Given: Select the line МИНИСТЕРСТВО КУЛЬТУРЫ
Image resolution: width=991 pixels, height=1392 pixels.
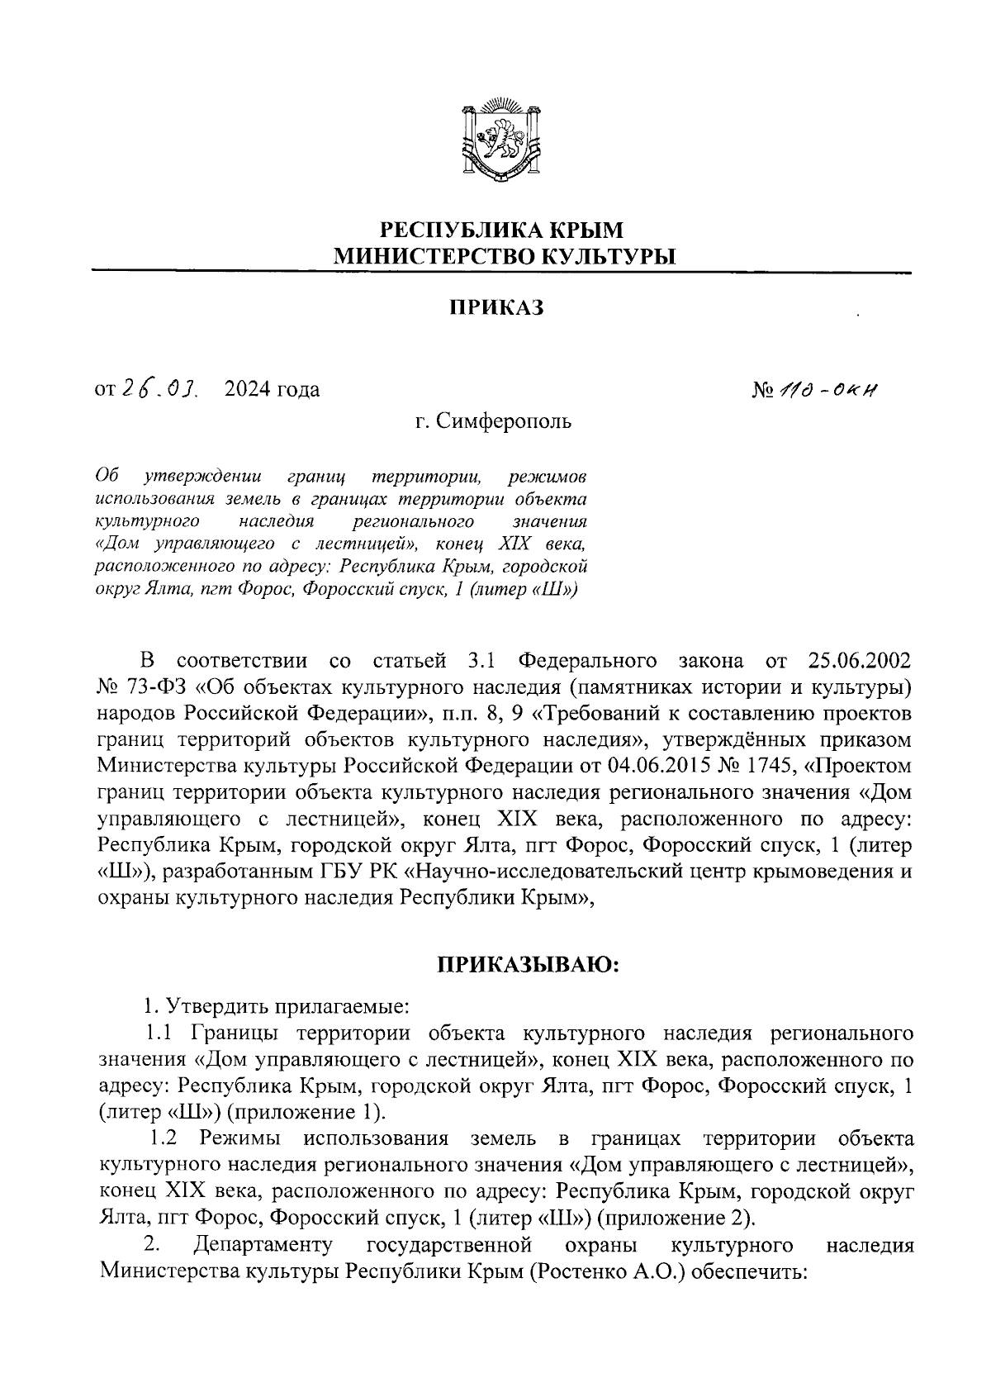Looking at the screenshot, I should click(x=503, y=256).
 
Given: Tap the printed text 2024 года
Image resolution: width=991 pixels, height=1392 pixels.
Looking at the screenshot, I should click(x=272, y=389).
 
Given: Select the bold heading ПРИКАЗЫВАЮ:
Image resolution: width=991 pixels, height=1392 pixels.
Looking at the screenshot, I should click(x=528, y=964).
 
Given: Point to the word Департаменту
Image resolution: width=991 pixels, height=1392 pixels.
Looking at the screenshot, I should click(x=262, y=1245).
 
